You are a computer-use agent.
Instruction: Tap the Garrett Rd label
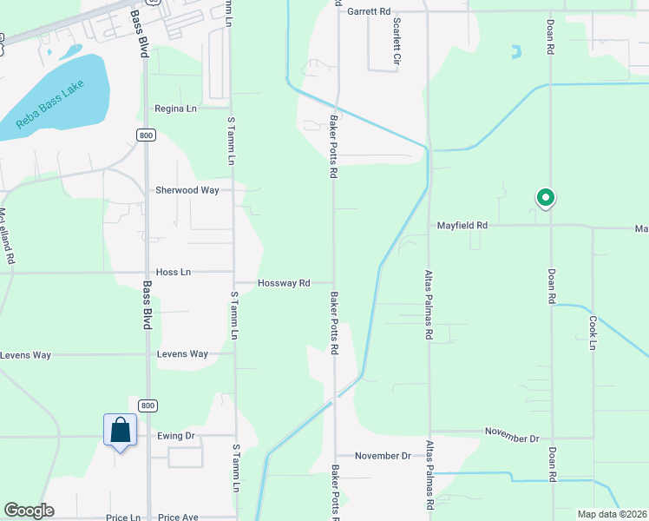click(369, 12)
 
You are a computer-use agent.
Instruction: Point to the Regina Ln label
click(176, 109)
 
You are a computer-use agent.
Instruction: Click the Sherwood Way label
click(187, 190)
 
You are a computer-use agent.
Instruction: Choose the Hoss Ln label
click(173, 272)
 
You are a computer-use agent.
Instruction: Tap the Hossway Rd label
click(284, 283)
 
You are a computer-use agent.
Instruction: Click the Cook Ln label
click(593, 333)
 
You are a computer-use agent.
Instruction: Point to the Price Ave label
click(178, 518)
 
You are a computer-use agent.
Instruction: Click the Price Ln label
click(123, 518)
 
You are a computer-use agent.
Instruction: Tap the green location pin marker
click(545, 199)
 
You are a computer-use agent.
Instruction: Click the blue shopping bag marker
click(120, 431)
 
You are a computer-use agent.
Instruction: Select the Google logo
click(29, 511)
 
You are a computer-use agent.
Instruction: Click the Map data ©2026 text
click(612, 514)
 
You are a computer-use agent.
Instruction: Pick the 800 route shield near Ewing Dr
click(148, 406)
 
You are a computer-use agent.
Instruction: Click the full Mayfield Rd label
click(462, 225)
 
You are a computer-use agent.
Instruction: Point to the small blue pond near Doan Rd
click(517, 51)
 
